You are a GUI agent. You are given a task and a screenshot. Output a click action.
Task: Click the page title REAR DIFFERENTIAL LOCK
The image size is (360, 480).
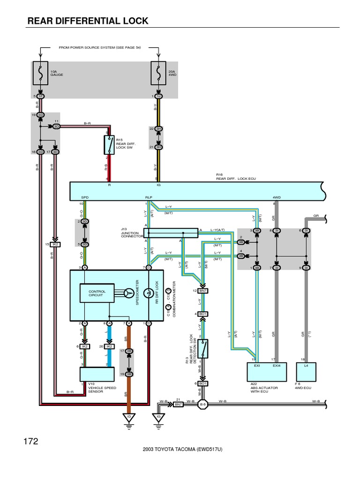click(x=88, y=21)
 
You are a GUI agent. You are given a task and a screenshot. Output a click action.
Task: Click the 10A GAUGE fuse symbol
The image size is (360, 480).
click(x=41, y=74)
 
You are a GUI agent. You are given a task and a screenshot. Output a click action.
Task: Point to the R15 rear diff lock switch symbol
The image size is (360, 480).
click(x=109, y=145)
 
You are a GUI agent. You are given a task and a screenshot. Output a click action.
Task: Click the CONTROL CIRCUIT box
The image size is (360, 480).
click(x=97, y=293)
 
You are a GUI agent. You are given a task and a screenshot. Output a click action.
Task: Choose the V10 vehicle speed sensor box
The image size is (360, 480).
click(x=97, y=375)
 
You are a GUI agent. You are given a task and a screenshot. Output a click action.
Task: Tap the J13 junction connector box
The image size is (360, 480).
click(x=173, y=233)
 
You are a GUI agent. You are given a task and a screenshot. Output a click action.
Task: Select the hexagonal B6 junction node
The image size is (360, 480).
click(x=203, y=404)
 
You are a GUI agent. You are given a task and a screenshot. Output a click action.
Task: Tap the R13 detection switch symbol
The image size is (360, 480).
click(x=202, y=348)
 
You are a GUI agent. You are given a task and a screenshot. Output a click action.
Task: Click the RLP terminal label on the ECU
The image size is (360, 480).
click(x=148, y=198)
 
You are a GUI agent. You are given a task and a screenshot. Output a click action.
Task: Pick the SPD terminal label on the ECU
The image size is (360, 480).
click(x=84, y=198)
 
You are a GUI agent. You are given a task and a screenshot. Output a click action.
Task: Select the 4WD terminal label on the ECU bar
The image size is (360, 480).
click(x=276, y=198)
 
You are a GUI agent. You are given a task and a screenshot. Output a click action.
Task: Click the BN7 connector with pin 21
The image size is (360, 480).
click(x=178, y=404)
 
